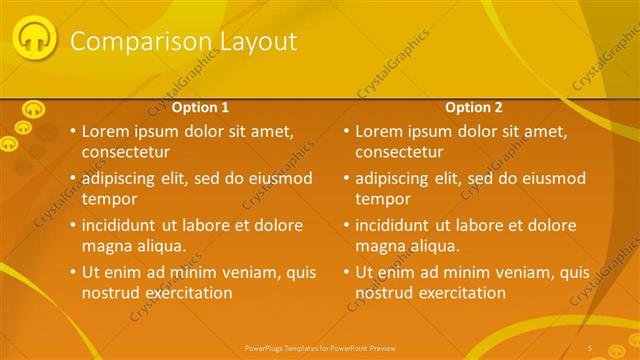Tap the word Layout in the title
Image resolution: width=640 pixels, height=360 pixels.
coord(257,41)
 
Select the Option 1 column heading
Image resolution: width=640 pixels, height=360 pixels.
coord(201,107)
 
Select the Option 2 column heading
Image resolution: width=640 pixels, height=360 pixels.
coord(474,107)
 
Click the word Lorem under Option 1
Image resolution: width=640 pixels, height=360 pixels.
coord(105,131)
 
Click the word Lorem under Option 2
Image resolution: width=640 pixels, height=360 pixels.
coord(379,131)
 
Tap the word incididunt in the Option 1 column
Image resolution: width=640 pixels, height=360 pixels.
coord(124,225)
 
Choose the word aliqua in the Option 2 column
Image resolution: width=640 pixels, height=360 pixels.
coord(434,246)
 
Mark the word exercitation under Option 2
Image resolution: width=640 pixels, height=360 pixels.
coord(459,293)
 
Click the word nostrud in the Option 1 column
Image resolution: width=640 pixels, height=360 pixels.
coord(110,293)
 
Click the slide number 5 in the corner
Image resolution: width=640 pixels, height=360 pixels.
coord(590,347)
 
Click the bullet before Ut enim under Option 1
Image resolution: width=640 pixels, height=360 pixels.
coord(71,272)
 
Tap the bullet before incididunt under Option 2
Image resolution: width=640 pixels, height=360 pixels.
coord(345,225)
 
